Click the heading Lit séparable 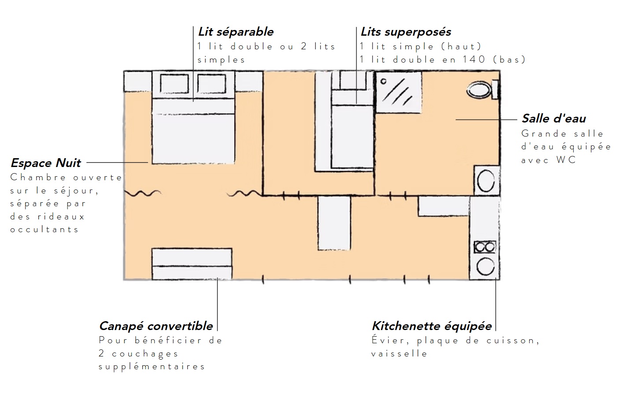coord(235,32)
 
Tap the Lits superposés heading coord(406,32)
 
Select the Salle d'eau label coord(554,119)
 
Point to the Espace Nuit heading coord(46,163)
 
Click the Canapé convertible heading coord(156,326)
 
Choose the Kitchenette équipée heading coord(432,326)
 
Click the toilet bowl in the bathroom coord(479,90)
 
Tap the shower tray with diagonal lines coord(398,92)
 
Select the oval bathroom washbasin coord(486,181)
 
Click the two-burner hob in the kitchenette coord(485,247)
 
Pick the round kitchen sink coord(485,267)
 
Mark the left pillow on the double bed coord(174,84)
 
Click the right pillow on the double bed coord(211,84)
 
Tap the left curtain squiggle coord(142,193)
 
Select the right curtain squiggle coord(244,193)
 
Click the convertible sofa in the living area coord(192,264)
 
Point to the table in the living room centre coord(334,223)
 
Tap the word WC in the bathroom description coord(566,160)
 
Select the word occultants coord(45,230)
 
